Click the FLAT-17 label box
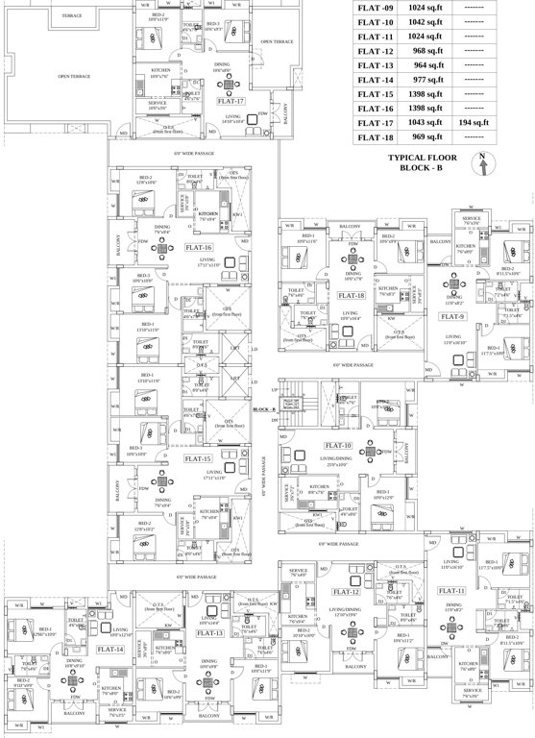(231, 100)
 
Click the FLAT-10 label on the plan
(338, 445)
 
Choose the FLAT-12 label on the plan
(346, 592)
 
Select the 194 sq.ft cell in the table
(474, 123)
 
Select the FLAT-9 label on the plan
(452, 315)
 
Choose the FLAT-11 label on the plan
(451, 590)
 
